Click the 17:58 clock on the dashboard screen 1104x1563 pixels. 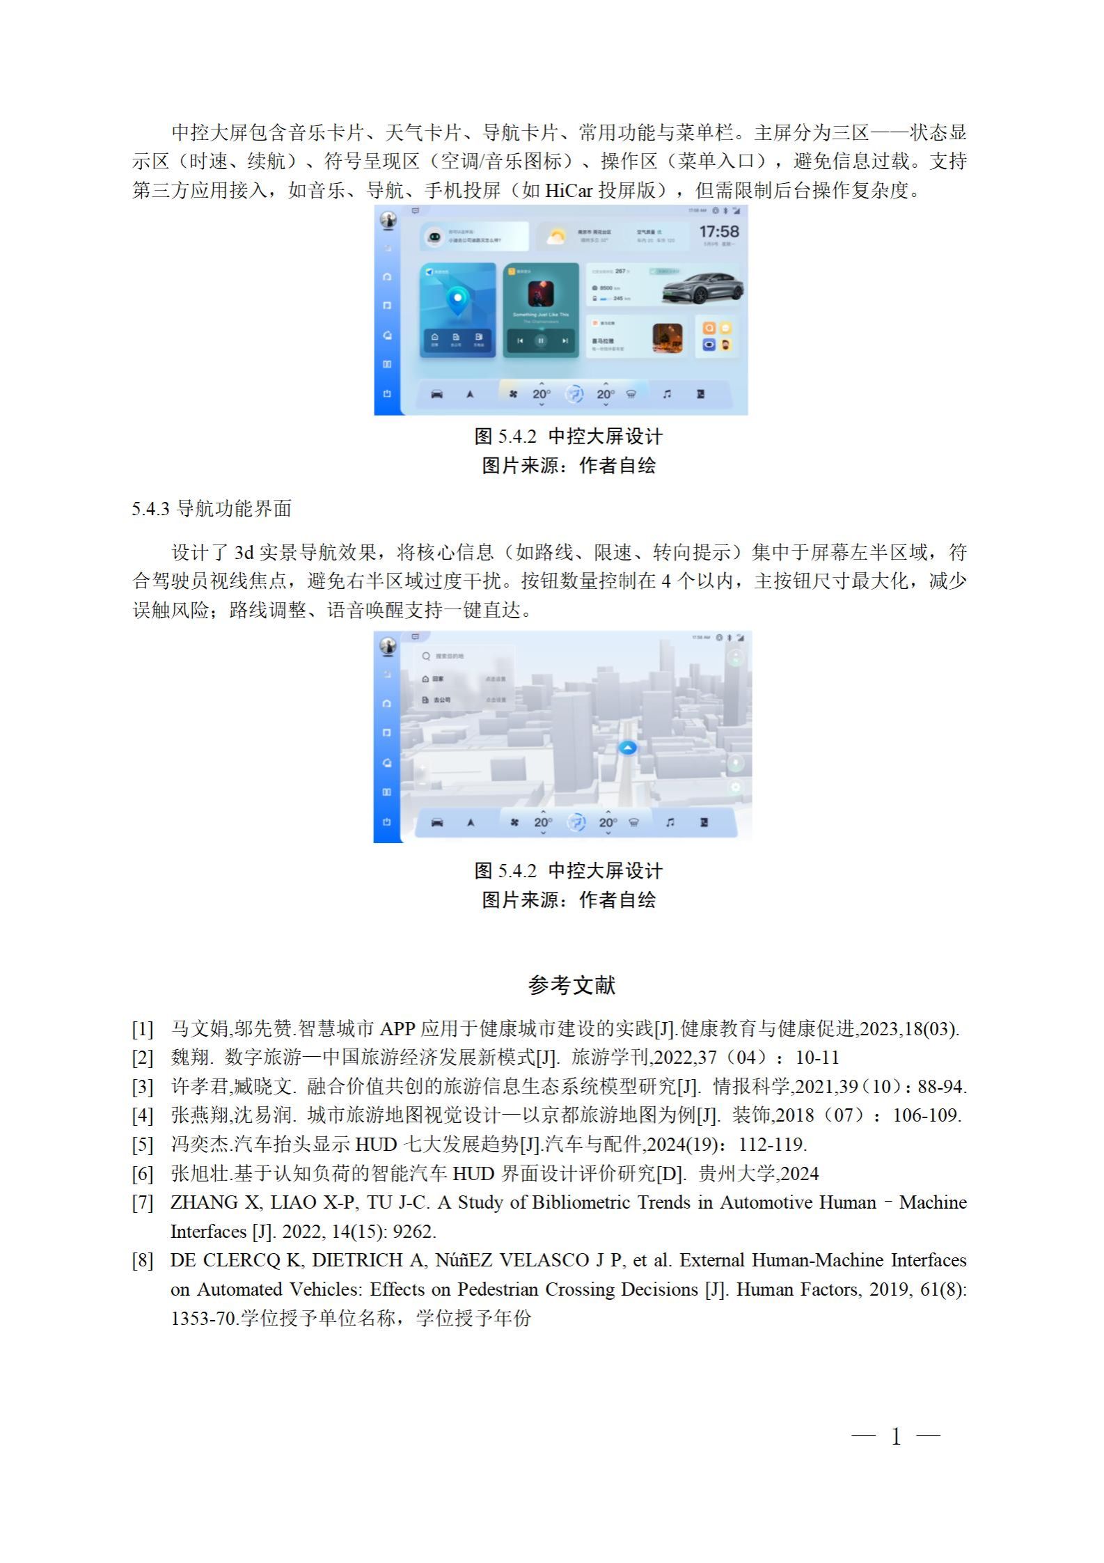coord(718,232)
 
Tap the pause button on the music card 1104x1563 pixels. coord(541,340)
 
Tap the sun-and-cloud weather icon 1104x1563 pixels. coord(555,237)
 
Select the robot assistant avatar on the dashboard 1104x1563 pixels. coord(434,237)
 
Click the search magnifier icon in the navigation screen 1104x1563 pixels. coord(426,656)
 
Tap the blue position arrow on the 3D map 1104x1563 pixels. coord(628,747)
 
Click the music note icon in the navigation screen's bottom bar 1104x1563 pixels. coord(670,822)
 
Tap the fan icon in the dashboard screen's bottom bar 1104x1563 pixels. coord(514,394)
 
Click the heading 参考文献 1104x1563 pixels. coord(571,984)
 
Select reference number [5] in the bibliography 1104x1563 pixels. coord(143,1145)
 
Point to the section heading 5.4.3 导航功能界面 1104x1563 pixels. coord(212,509)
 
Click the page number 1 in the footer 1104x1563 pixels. coord(896,1436)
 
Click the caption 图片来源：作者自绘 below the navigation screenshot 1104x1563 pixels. coord(569,900)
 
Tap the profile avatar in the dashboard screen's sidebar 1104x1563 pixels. coord(388,219)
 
